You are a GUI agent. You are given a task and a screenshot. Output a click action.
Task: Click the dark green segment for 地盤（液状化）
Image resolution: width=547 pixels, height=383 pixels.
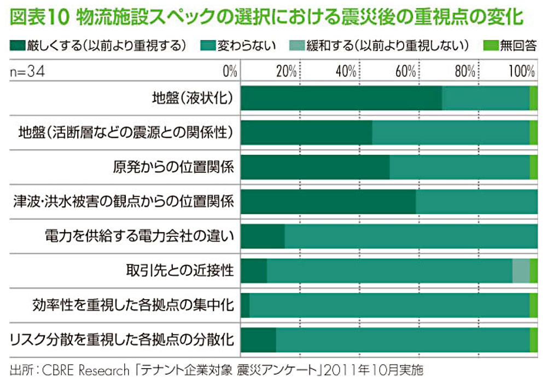341,98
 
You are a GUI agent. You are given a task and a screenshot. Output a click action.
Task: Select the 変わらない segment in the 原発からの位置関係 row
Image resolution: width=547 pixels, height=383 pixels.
459,167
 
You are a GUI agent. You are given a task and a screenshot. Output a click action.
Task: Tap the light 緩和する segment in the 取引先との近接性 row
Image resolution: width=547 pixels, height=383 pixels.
521,270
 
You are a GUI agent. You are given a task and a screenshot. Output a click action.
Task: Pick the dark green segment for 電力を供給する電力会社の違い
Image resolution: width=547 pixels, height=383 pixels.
263,236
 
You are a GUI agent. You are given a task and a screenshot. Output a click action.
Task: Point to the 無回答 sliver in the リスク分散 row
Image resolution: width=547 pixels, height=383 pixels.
534,339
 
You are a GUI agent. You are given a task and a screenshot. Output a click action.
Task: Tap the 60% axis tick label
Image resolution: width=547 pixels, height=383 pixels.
405,72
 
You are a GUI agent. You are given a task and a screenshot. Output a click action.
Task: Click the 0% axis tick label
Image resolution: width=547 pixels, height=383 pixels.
230,72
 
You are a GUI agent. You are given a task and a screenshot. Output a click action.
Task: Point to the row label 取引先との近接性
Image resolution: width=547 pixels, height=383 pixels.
180,270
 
